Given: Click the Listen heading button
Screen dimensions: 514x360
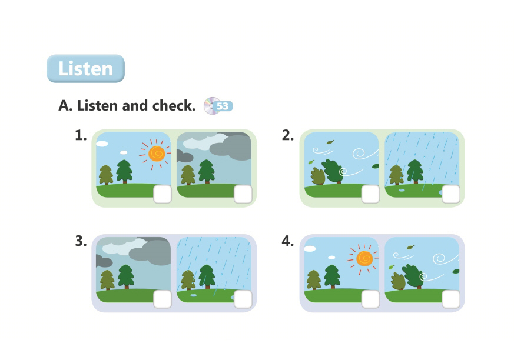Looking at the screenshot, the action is click(85, 68).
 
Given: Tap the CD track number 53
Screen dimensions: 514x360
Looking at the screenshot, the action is click(223, 106).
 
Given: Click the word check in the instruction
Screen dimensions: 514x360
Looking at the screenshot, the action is click(174, 105).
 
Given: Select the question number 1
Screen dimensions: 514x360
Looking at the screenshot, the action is click(81, 135).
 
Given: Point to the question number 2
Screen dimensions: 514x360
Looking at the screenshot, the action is click(287, 135).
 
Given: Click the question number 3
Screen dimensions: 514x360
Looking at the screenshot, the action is click(81, 241).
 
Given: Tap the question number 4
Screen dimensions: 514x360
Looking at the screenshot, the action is click(287, 241).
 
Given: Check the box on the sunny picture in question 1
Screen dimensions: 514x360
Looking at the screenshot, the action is click(163, 194).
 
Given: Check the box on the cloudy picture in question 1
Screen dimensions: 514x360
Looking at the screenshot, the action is click(243, 194).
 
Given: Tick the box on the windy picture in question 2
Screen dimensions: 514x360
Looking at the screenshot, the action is click(370, 194).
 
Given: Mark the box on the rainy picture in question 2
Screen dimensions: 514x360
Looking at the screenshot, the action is click(451, 194).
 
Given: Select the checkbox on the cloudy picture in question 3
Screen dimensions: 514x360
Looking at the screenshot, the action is click(163, 299).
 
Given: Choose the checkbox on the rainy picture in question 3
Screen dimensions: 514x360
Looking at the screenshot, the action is click(243, 299).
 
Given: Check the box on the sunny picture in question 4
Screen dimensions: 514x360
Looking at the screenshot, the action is click(370, 299).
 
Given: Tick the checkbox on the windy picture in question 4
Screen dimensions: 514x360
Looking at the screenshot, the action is click(451, 299).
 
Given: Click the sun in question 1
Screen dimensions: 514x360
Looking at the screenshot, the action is click(157, 154).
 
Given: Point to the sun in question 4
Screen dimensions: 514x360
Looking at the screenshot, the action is click(364, 259).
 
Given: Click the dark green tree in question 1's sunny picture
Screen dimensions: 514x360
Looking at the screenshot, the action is click(125, 171).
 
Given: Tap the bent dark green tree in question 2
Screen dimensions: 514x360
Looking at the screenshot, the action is click(333, 171).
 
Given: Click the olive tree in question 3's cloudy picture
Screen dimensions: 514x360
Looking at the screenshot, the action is click(107, 280).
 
